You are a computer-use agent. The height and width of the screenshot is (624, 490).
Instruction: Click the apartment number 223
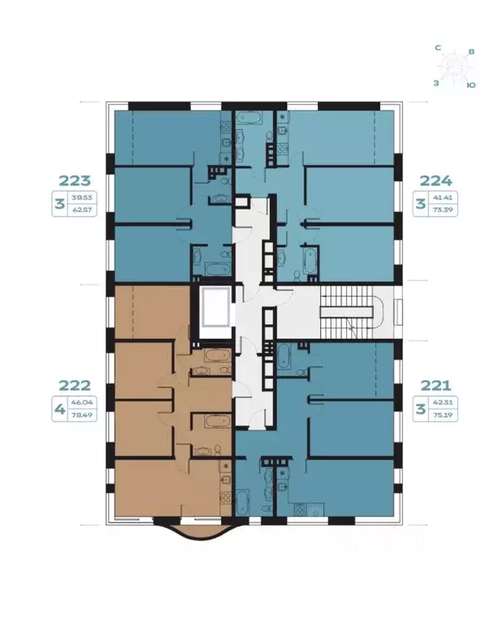pyautogui.click(x=73, y=180)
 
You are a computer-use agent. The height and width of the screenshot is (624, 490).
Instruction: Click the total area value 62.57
pyautogui.click(x=80, y=210)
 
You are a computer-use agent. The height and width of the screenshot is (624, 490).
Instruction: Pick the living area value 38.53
pyautogui.click(x=80, y=197)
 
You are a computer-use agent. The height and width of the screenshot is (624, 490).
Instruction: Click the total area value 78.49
pyautogui.click(x=80, y=415)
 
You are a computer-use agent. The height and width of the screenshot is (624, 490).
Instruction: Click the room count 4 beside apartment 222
pyautogui.click(x=59, y=409)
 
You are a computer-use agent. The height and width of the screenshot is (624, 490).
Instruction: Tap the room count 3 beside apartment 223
pyautogui.click(x=59, y=203)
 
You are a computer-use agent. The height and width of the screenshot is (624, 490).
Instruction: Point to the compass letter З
pyautogui.click(x=436, y=82)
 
